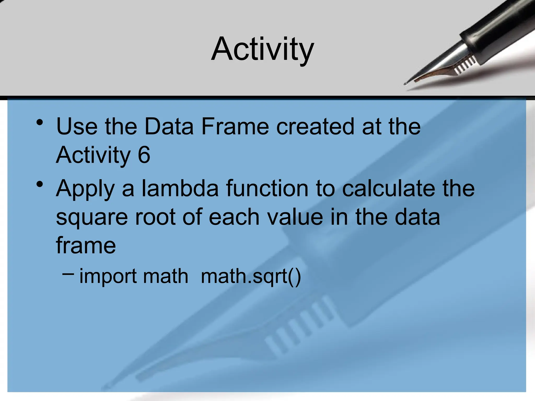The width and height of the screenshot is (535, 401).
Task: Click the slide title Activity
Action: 263,49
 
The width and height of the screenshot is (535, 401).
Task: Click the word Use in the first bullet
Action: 77,126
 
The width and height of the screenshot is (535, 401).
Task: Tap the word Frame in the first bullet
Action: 235,126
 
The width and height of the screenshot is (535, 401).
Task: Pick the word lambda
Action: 180,188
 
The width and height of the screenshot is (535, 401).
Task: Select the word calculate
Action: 389,188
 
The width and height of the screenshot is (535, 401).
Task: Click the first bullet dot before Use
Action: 40,122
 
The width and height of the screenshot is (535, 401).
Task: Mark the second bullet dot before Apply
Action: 40,185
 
